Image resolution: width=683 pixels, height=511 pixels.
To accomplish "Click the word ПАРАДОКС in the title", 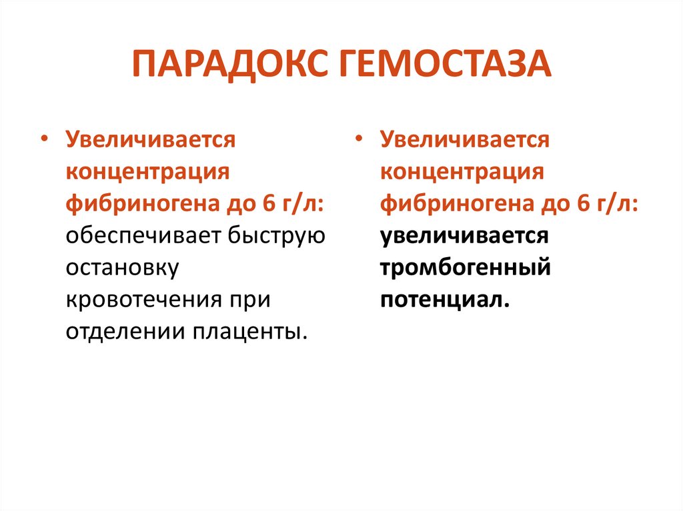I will click(x=230, y=65).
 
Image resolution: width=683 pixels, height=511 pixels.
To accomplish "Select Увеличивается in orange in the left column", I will click(x=150, y=141).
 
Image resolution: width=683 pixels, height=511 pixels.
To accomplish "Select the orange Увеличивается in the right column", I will click(x=465, y=141).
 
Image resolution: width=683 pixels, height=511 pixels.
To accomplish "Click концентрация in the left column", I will click(x=147, y=172).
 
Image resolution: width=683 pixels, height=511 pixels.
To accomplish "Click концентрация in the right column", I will click(x=462, y=172).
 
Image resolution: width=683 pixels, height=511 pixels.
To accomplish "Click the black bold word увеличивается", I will click(x=464, y=235).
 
